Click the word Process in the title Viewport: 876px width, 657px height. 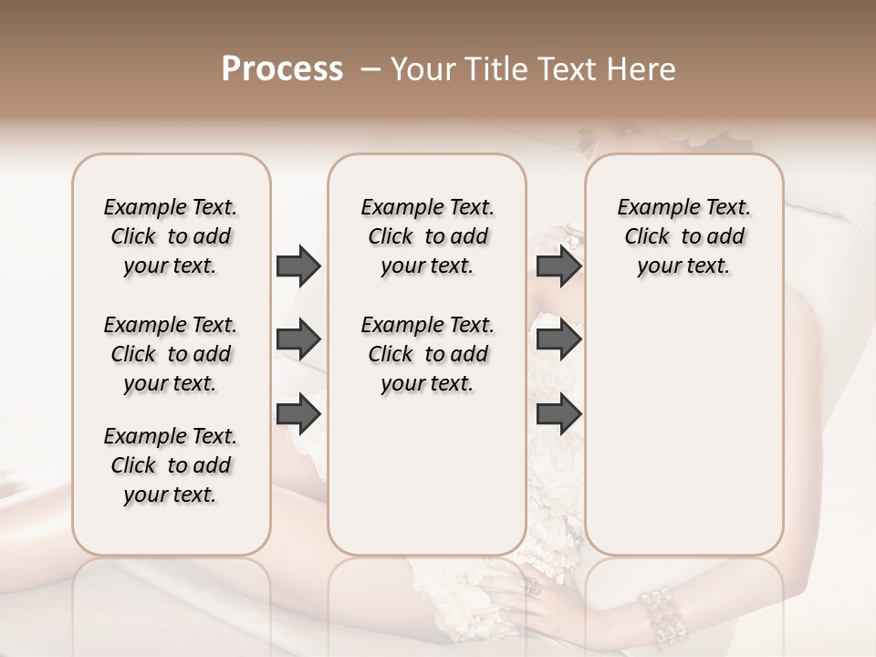(x=282, y=69)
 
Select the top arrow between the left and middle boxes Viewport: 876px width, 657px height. (x=298, y=266)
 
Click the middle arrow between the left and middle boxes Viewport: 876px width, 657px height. (x=298, y=339)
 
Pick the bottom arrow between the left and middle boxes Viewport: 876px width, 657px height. (x=298, y=413)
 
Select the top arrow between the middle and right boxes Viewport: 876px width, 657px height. (x=558, y=266)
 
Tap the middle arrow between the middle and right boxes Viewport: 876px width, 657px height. (x=558, y=339)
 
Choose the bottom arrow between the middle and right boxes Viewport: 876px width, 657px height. (x=558, y=413)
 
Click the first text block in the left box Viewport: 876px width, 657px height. (x=171, y=236)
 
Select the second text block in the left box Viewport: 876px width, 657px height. (x=171, y=354)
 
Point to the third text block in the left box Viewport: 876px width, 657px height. (x=171, y=465)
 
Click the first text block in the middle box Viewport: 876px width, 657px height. (x=427, y=236)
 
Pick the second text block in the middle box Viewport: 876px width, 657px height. (x=427, y=354)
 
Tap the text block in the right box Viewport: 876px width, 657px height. (x=683, y=236)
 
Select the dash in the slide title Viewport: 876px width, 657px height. (x=370, y=69)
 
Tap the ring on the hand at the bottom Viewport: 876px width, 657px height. (x=533, y=587)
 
